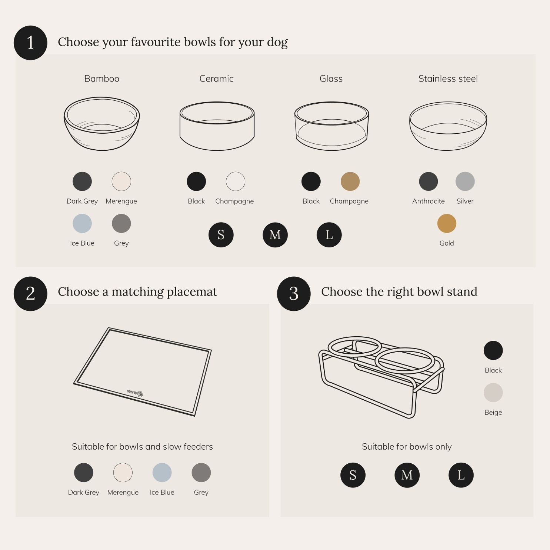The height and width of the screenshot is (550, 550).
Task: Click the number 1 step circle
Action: [30, 43]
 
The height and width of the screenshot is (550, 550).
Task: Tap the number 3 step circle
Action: [294, 294]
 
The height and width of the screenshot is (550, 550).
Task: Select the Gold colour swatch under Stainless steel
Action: [447, 224]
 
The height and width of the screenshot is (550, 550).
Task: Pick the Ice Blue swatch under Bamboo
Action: [82, 224]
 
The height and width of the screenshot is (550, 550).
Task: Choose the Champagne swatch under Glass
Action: [350, 181]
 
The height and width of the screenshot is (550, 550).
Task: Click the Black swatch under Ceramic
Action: [196, 181]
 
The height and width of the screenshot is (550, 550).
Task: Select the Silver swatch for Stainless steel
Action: [465, 181]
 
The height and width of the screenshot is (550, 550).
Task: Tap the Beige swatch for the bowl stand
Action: [493, 393]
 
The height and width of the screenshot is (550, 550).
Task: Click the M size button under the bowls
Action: [275, 235]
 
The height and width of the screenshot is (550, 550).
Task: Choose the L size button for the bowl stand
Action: [461, 475]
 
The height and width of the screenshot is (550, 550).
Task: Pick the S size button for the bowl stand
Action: [353, 475]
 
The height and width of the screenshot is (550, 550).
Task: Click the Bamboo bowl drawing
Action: [102, 124]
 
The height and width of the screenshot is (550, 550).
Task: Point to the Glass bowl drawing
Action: [331, 126]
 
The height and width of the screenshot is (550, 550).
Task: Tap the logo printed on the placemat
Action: [135, 393]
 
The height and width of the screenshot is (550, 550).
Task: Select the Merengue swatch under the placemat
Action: [123, 473]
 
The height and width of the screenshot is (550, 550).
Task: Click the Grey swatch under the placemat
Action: [201, 473]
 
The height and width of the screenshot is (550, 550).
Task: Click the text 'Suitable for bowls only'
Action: [407, 447]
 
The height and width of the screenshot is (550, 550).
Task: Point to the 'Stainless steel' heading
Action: [448, 79]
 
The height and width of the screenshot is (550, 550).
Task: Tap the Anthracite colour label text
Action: [429, 201]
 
